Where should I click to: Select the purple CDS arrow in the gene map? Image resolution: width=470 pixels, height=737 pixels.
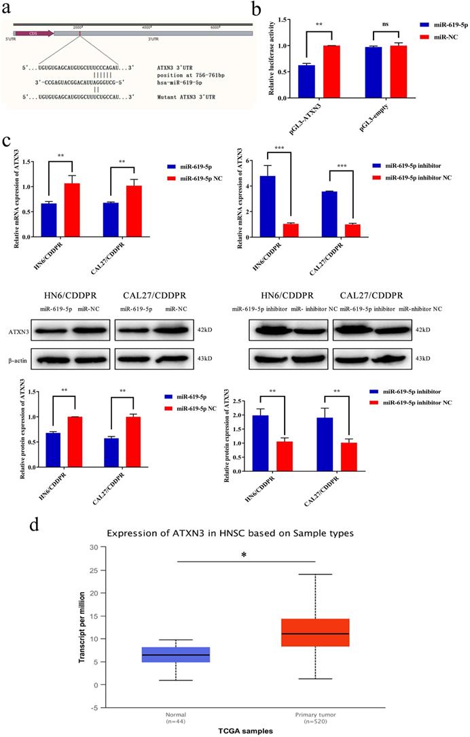click(x=34, y=32)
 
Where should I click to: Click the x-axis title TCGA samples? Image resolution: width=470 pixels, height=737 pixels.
click(x=245, y=730)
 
